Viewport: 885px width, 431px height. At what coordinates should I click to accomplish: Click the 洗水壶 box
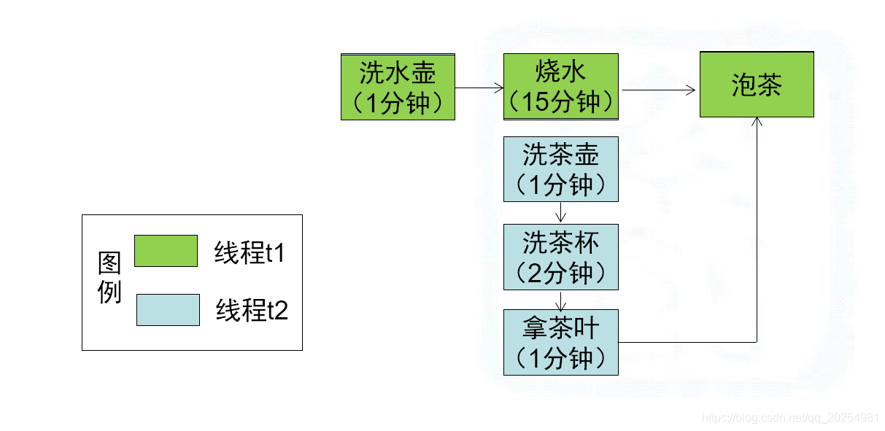(398, 86)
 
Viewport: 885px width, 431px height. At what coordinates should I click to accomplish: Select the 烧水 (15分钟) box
(560, 86)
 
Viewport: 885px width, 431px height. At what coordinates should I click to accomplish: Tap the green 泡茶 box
(757, 85)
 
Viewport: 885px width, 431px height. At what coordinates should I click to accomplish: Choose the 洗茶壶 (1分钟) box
(560, 169)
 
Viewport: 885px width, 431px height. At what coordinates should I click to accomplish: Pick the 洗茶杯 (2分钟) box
(560, 257)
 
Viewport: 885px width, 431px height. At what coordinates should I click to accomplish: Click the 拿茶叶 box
(560, 342)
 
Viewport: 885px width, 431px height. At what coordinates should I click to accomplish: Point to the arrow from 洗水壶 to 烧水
(479, 88)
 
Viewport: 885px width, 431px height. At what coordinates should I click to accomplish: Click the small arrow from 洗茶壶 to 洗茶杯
(560, 212)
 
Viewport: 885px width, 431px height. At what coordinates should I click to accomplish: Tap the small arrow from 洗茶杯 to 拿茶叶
(560, 300)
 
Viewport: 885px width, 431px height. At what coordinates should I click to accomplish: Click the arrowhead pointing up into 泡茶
(757, 122)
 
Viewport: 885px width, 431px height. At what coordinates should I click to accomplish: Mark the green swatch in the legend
(166, 250)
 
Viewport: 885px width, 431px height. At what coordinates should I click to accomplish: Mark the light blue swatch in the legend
(168, 309)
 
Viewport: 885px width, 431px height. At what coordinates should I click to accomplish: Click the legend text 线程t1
(248, 253)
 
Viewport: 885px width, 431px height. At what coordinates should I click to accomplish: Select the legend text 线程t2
(252, 311)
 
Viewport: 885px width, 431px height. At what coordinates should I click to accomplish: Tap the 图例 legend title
(109, 278)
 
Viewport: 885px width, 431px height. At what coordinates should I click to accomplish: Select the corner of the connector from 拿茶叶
(757, 341)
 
